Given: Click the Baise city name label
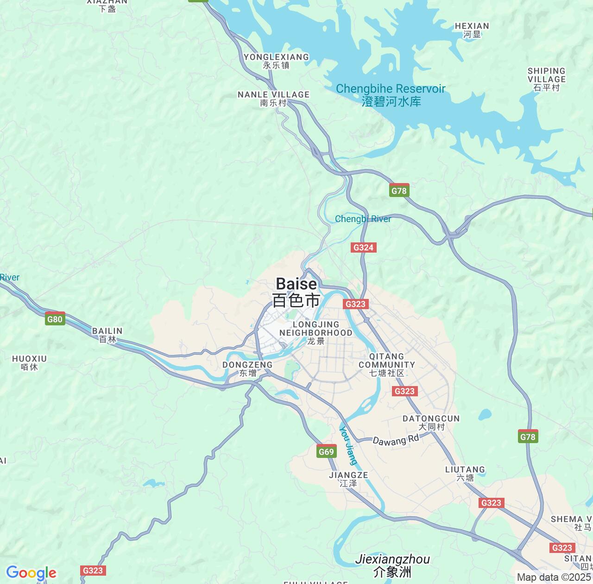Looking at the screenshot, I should (296, 292).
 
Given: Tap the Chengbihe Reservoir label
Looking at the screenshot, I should (391, 95).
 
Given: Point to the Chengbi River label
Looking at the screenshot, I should (363, 219).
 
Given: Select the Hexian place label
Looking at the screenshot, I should (472, 30).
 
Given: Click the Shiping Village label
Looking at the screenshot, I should (547, 79).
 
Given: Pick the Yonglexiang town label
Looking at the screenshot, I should (276, 61).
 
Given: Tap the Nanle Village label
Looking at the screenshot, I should (273, 98).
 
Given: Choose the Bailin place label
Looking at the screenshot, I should (107, 335).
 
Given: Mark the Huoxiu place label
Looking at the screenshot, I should (30, 362).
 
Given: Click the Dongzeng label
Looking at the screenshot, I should (247, 368).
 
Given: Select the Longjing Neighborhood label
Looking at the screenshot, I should (316, 332).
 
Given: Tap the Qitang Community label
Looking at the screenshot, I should (387, 364).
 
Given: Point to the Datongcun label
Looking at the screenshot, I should (431, 422).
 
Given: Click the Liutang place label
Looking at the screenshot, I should (465, 473).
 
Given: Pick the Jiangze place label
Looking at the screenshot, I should (348, 479).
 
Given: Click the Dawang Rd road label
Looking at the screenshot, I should (396, 440).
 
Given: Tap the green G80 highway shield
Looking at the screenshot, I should (55, 319).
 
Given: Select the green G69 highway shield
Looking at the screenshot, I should (326, 452).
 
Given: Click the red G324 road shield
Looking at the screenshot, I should (363, 248).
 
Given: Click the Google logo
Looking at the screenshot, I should (31, 573).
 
